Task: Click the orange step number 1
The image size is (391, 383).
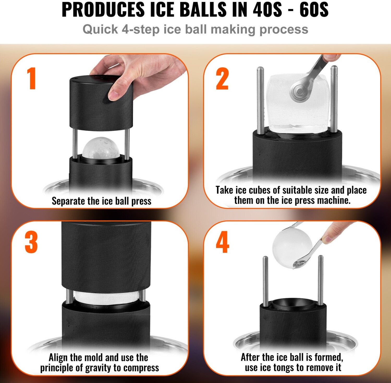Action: coord(32,78)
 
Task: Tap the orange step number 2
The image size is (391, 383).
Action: coord(222,78)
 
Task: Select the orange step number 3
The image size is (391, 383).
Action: coord(31,242)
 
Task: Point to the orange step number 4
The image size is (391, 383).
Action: coord(223,242)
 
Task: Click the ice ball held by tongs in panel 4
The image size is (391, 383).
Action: coord(292,247)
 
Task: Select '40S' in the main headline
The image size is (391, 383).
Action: coord(267,10)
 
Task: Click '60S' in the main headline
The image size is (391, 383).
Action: coord(314,10)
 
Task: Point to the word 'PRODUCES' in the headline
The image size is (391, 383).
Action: coord(103,10)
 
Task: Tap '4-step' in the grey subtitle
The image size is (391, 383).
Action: coord(141,29)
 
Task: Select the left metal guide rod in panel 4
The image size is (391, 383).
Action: coord(265,281)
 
